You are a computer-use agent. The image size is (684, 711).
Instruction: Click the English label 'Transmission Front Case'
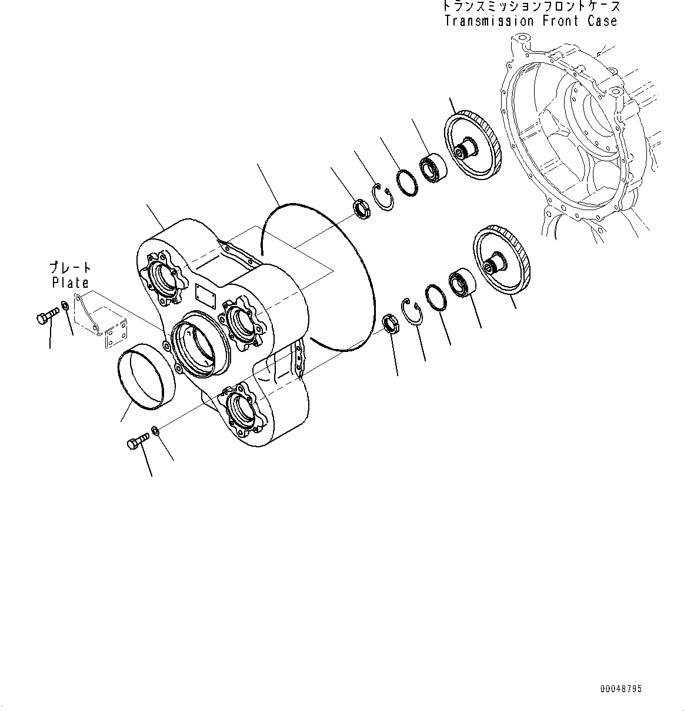point(530,21)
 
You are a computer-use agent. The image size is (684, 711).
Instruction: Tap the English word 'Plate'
point(70,283)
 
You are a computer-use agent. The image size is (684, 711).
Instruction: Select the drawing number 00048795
point(621,689)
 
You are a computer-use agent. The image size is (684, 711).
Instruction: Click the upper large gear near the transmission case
point(472,147)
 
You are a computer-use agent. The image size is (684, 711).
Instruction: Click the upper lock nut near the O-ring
point(360,210)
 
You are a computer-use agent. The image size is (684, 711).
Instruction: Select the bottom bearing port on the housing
point(241,407)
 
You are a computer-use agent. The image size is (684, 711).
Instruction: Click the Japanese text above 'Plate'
point(70,268)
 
